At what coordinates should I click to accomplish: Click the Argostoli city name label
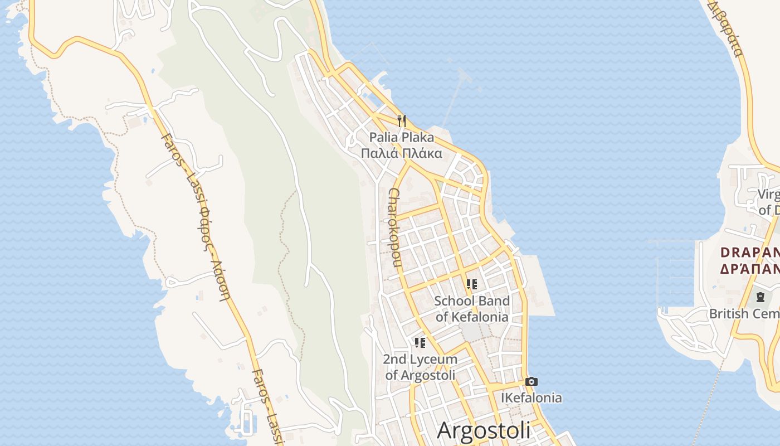tap(484, 430)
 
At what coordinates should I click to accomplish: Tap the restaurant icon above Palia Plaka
tap(402, 120)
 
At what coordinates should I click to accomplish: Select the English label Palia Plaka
tap(402, 137)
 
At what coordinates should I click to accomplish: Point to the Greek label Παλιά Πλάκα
tap(402, 153)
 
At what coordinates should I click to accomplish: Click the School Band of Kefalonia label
tap(472, 309)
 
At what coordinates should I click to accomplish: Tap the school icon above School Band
tap(472, 285)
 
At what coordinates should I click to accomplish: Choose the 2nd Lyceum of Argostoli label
tap(420, 367)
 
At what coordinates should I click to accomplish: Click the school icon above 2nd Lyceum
tap(420, 343)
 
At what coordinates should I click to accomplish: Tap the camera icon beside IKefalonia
tap(532, 382)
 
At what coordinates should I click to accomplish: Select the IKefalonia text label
tap(532, 398)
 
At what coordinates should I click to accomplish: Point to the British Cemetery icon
tap(760, 297)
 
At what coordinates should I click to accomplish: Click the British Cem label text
tap(744, 314)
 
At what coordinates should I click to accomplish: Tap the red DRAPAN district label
tap(750, 253)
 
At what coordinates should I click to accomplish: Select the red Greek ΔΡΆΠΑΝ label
tap(750, 269)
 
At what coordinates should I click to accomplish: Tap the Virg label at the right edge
tap(768, 195)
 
